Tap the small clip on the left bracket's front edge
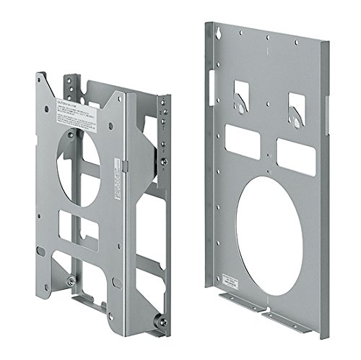[x=125, y=165]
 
